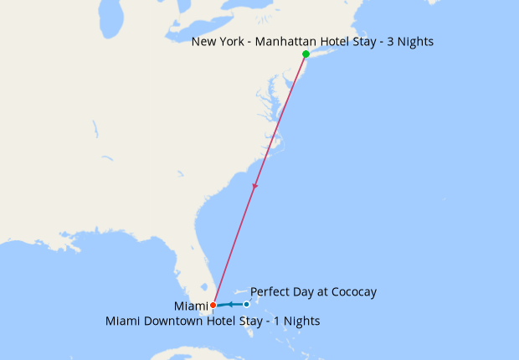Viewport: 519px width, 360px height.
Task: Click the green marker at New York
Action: click(x=306, y=54)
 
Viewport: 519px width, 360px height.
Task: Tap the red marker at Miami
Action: click(x=213, y=305)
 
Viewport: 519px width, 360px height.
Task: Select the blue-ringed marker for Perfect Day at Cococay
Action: click(x=246, y=304)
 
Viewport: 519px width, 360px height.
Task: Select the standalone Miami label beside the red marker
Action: click(x=192, y=305)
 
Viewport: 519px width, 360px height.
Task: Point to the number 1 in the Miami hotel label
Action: click(x=275, y=321)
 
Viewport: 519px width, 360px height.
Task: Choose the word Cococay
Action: click(x=349, y=292)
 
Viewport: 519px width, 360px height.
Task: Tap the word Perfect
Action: click(x=270, y=292)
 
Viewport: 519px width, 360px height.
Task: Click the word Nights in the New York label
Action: click(x=414, y=41)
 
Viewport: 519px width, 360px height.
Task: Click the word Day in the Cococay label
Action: click(x=302, y=292)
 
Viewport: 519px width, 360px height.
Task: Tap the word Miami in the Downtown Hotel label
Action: click(x=123, y=321)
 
